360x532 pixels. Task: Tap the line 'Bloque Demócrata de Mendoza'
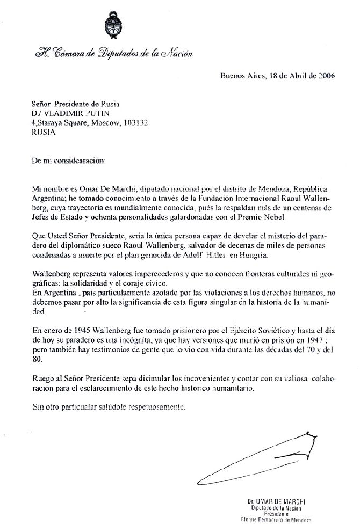click(x=277, y=521)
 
